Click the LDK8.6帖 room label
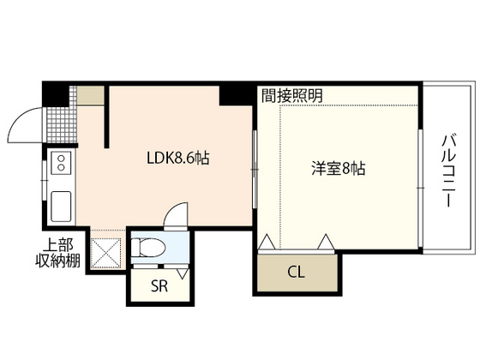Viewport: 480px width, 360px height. click(178, 158)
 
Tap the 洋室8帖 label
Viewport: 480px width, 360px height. click(338, 169)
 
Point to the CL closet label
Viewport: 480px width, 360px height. click(295, 273)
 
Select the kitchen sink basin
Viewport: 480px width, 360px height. click(62, 207)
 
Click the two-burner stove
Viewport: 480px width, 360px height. click(62, 162)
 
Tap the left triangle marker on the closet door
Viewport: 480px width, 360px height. click(266, 243)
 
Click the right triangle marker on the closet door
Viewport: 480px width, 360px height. click(327, 243)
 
